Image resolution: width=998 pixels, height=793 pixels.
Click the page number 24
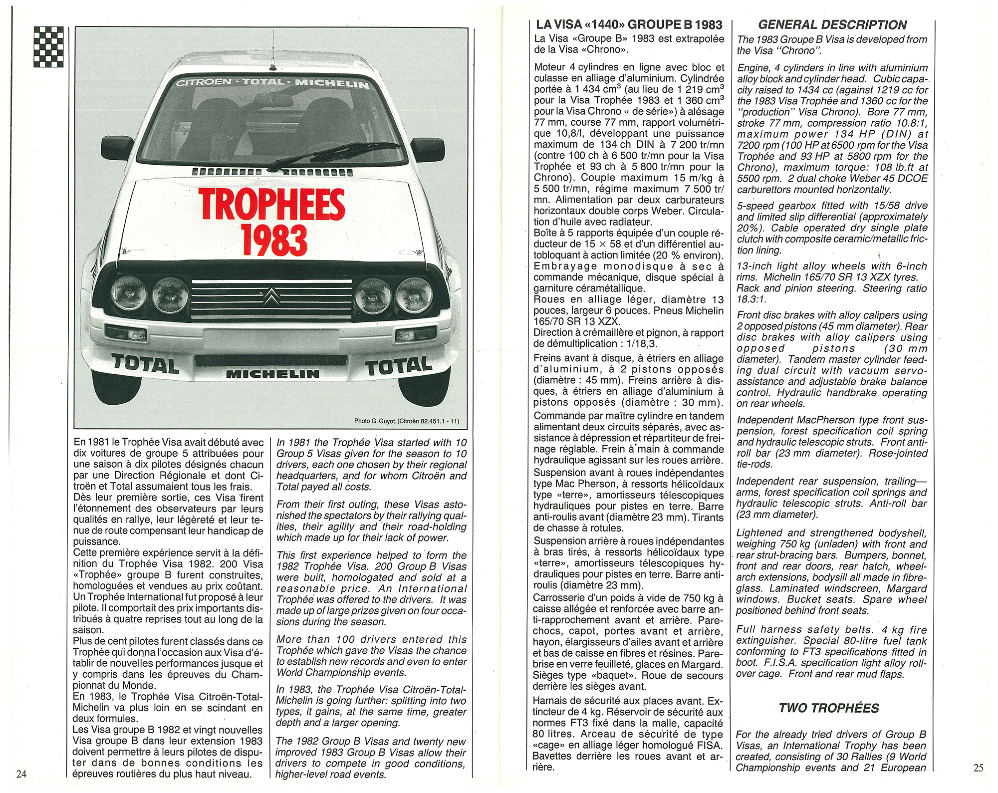tap(21, 774)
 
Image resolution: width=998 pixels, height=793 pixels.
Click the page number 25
tap(979, 768)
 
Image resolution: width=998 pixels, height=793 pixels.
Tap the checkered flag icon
tap(48, 46)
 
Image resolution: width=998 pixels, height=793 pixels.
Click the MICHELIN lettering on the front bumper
tap(272, 374)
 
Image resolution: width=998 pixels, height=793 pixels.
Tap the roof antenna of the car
tap(272, 50)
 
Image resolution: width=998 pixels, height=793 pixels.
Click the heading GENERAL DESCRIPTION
tap(832, 25)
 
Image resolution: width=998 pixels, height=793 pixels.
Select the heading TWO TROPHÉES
tap(829, 708)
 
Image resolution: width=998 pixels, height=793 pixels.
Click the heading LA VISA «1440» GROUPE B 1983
tap(629, 24)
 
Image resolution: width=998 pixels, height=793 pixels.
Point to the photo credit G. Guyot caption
tap(406, 421)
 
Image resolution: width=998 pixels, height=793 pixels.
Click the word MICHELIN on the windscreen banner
tap(332, 83)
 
